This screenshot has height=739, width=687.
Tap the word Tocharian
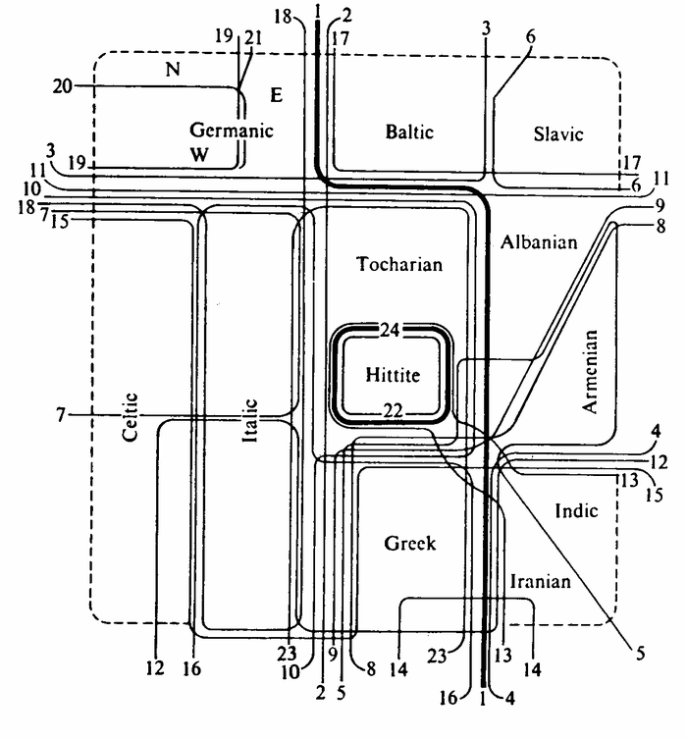pos(399,264)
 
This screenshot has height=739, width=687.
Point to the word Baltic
pos(409,132)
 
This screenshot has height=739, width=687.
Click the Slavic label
pos(558,134)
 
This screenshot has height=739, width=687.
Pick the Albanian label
pos(538,241)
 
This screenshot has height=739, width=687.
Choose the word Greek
pos(410,544)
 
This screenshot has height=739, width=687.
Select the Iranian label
pos(541,582)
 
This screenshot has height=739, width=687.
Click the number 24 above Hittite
pos(390,331)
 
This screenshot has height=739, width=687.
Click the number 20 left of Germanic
pos(63,87)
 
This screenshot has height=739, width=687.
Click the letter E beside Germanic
pos(276,95)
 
